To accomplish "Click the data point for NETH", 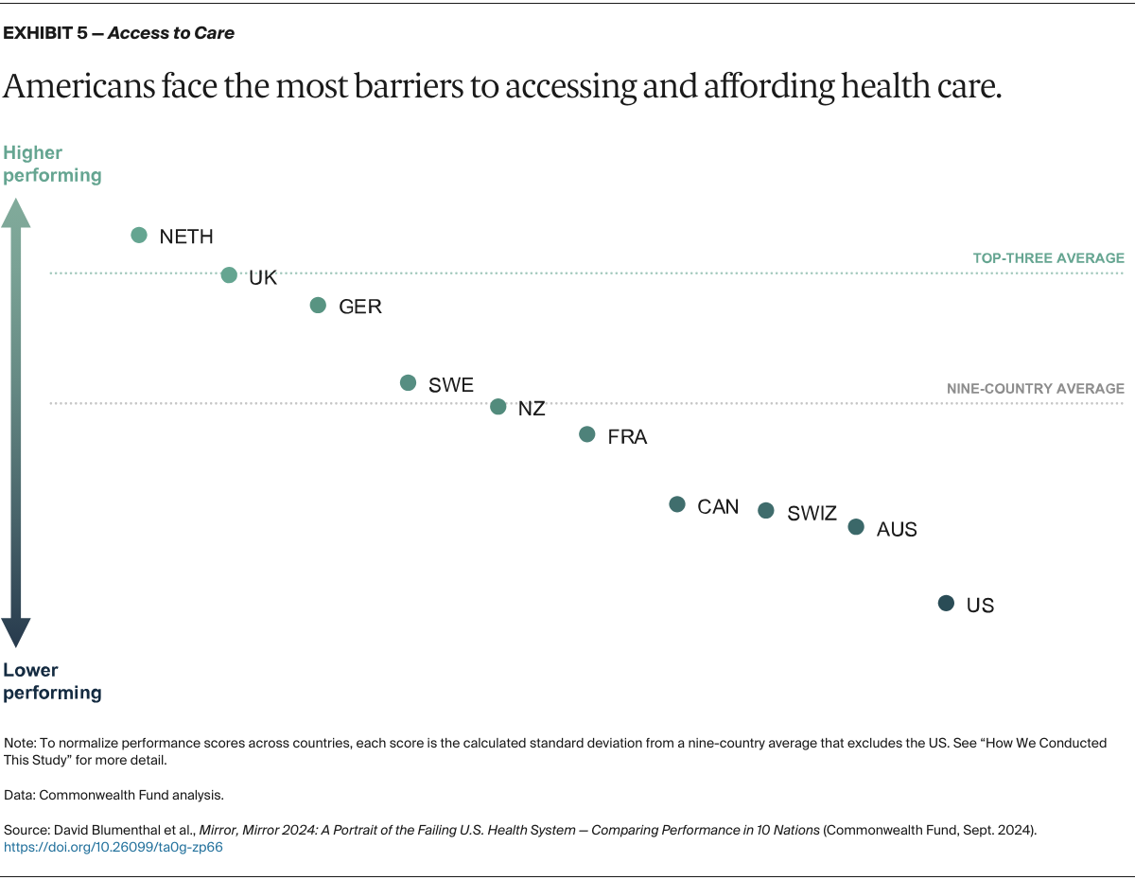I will (139, 236).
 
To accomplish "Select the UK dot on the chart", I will (229, 275).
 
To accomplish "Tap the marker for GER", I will (318, 306).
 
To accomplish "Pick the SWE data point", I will (408, 383).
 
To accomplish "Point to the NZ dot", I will (498, 407).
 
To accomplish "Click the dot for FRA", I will (587, 434).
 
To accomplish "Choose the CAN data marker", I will (677, 504).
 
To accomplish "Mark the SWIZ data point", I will (766, 511).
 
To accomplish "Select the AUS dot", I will (856, 527).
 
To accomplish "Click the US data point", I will (946, 603).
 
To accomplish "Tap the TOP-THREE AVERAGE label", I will (1048, 258).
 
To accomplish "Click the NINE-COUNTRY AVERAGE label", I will (1035, 389).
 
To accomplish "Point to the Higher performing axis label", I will (52, 164).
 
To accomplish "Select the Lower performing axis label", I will (52, 681).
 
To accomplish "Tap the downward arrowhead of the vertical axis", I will (15, 631).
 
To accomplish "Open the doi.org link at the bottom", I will (113, 848).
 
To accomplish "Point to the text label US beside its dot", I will (980, 606).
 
